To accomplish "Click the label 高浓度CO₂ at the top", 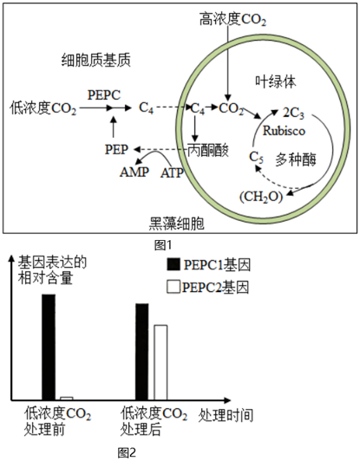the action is coord(232,19).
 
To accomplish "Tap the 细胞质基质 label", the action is coord(96,61).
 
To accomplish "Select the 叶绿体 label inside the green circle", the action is coord(275,81).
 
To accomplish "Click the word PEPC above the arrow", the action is coord(104,95).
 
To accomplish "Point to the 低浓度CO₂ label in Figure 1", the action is coord(43,108).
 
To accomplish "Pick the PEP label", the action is coord(117,149).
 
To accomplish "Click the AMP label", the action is coord(134,172).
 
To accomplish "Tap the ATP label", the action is coord(173,173).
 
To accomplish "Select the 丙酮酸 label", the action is coord(208,151).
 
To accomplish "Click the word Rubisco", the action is coord(284,131).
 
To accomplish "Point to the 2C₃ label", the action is coord(293,114).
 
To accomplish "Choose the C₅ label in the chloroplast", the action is coord(256,157).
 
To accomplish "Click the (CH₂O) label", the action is coord(261,197).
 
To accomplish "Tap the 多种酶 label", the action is coord(296,159).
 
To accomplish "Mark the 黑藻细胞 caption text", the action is coord(177,224).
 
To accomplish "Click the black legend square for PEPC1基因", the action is coord(173,264).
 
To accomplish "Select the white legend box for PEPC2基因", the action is coord(173,287).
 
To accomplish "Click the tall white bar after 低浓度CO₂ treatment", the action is coord(160,362).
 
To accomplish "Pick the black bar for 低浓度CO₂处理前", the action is coord(49,347).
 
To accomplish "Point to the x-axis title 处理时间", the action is coord(226,415).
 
